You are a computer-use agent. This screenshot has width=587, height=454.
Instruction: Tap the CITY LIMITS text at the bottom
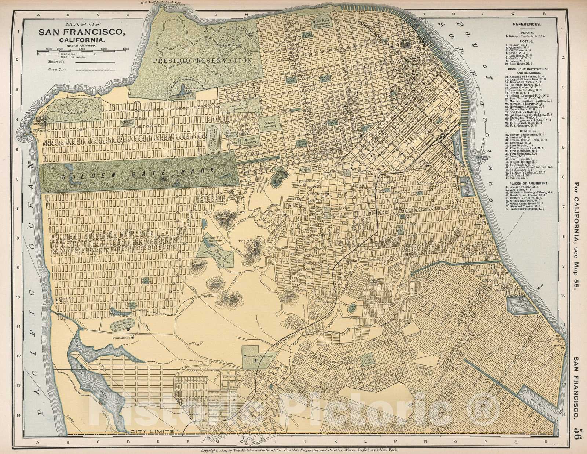tap(151, 431)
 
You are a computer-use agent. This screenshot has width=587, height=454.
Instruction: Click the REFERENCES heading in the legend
tap(526, 24)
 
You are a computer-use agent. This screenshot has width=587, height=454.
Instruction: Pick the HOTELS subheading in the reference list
tap(526, 42)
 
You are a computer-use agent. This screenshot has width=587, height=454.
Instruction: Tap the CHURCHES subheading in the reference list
tap(526, 130)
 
